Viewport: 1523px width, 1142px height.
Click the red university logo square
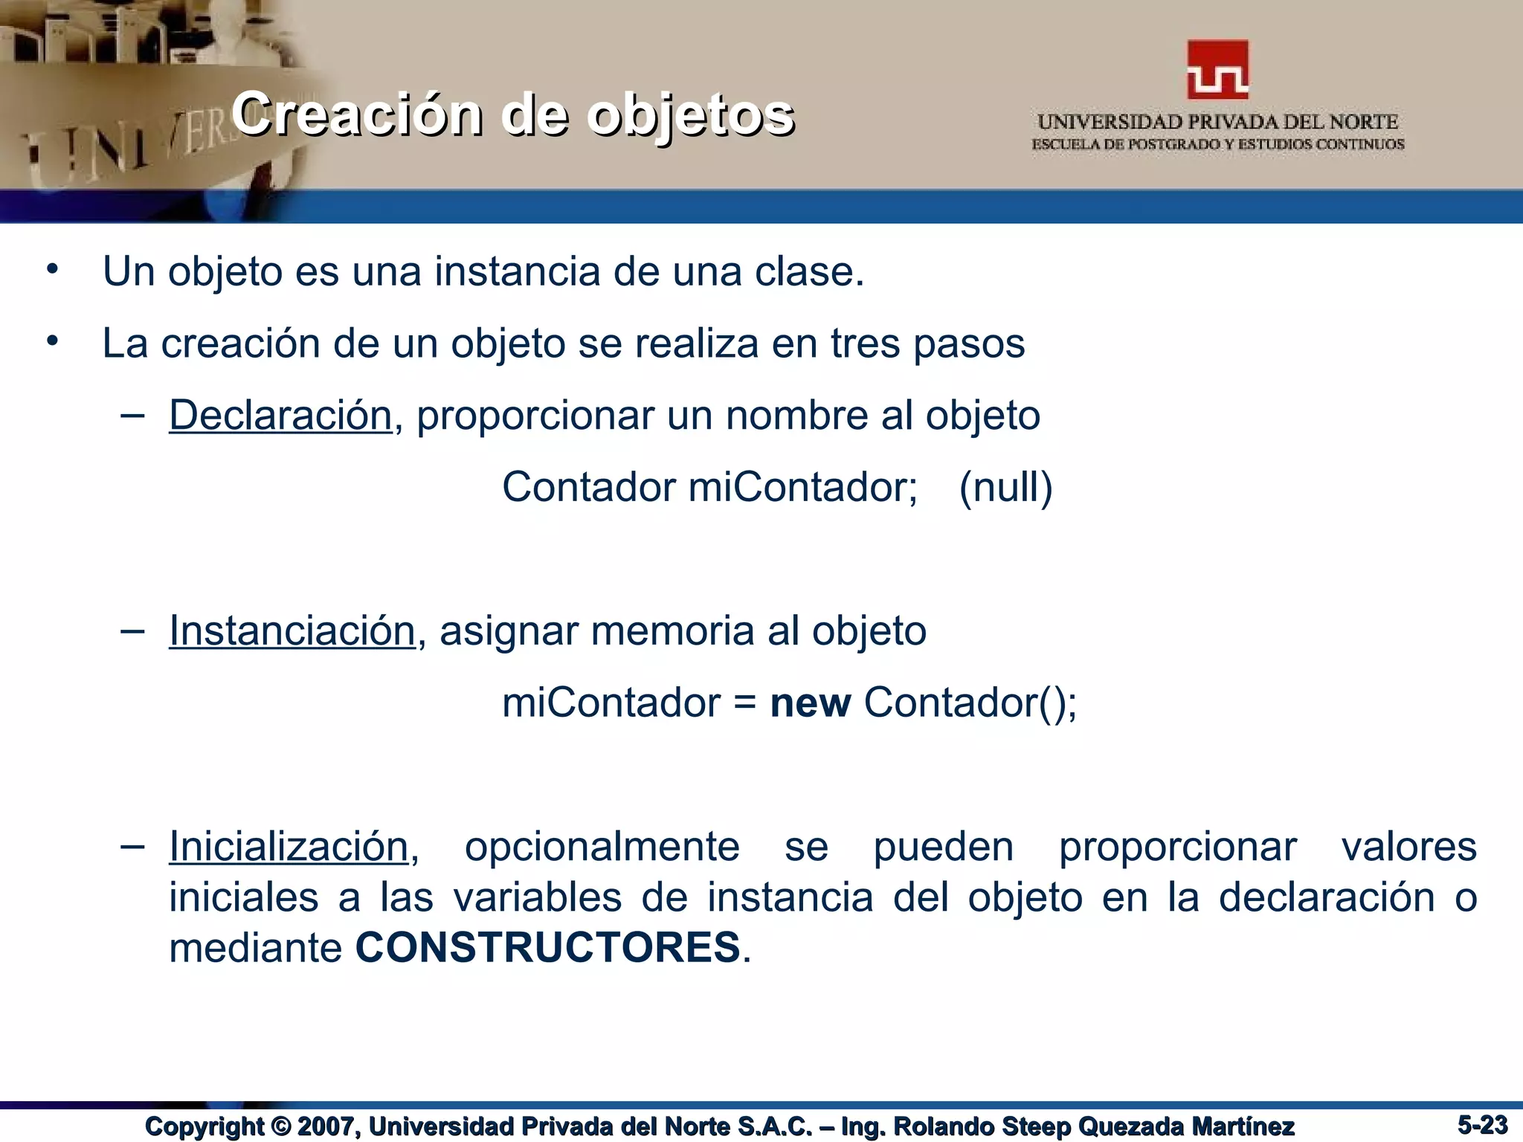1217,70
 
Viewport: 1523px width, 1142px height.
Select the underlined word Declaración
280,415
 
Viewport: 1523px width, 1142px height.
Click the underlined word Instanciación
292,630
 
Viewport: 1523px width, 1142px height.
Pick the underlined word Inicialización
289,846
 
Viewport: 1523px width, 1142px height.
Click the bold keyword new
810,703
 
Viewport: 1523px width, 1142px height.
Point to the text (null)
1005,488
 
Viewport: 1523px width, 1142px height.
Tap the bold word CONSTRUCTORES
548,948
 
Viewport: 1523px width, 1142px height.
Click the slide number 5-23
1482,1124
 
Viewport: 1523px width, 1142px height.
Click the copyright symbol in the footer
281,1126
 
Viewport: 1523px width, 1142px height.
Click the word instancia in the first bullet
518,271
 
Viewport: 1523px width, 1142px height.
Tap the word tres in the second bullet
865,343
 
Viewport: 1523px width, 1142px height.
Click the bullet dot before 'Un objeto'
51,269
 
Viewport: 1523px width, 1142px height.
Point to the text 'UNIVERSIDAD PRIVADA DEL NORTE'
1217,122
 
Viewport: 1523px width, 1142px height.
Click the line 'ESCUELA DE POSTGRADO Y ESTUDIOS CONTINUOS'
1217,144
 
